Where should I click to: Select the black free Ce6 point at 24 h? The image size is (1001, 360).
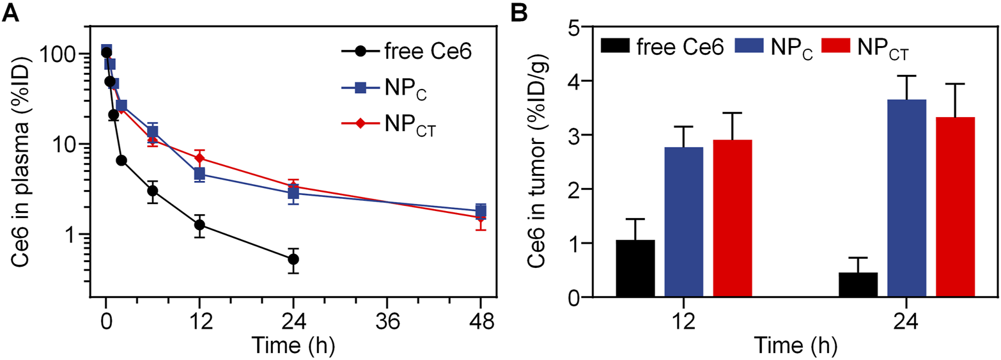pos(293,259)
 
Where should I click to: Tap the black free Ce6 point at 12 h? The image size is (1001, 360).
pos(199,225)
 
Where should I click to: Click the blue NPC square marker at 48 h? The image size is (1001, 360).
pos(481,210)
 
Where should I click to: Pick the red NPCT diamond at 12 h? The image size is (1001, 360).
pos(199,158)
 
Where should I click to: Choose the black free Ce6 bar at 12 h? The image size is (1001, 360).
pos(635,269)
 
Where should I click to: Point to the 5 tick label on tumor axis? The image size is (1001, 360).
pos(554,27)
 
